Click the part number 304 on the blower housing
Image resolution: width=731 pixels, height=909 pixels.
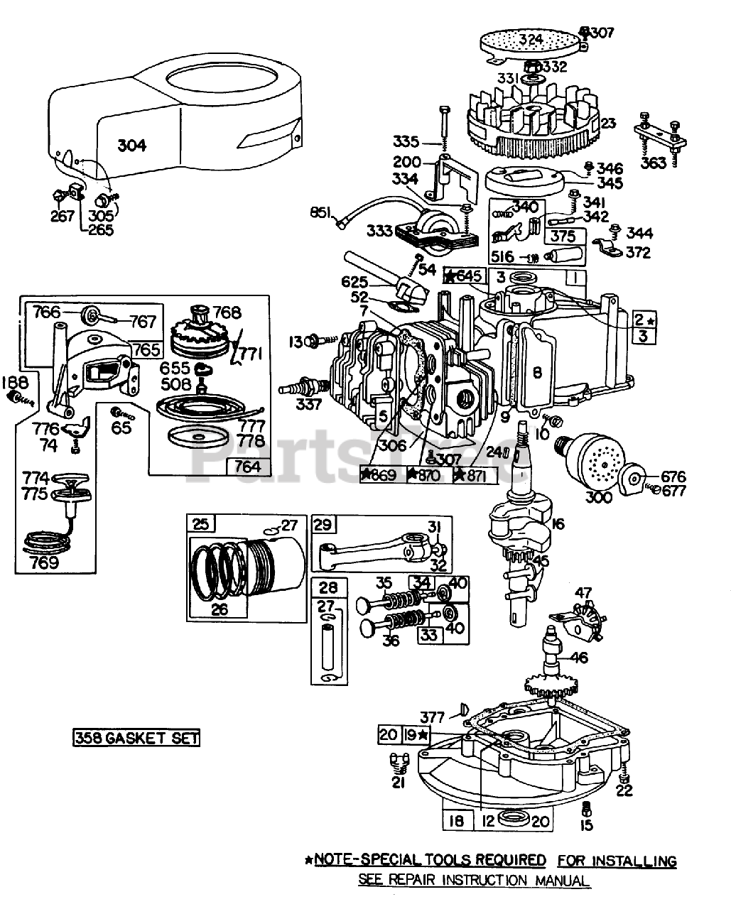click(x=131, y=145)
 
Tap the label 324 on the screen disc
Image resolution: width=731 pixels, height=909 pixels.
click(x=531, y=39)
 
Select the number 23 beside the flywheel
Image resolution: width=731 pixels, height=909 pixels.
click(x=608, y=123)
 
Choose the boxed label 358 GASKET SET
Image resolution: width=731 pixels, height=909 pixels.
click(x=136, y=738)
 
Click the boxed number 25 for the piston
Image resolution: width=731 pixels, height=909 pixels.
click(x=200, y=524)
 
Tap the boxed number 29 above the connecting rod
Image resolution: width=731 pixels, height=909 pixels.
click(x=323, y=524)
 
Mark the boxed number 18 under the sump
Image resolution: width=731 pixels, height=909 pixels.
click(x=457, y=821)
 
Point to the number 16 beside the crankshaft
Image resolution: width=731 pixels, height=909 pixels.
click(x=556, y=524)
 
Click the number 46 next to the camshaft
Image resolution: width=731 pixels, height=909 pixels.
click(x=579, y=658)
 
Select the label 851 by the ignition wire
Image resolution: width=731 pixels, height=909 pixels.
click(x=322, y=211)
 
